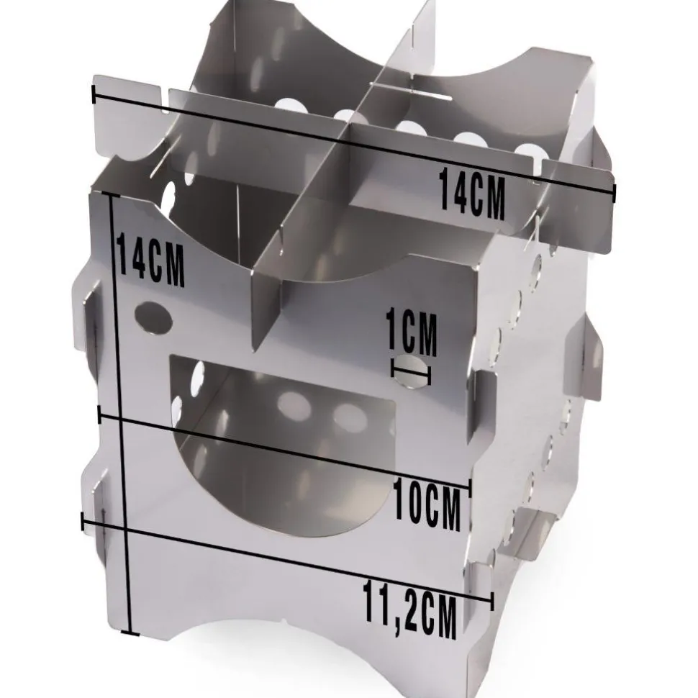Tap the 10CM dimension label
coord(427,503)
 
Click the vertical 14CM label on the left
coord(151,261)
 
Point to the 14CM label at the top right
coord(473,194)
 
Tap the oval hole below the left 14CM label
coord(153,317)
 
